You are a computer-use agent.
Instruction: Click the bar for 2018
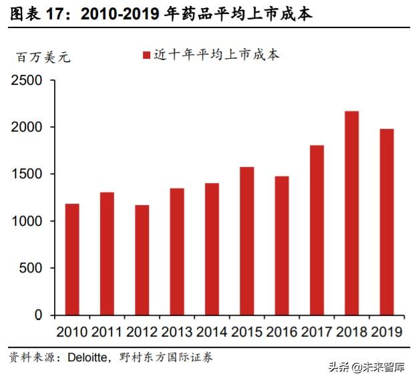[x=351, y=213]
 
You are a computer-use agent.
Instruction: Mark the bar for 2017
[x=317, y=230]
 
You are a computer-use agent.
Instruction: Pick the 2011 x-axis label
[x=107, y=332]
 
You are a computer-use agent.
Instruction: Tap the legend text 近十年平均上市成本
[x=216, y=55]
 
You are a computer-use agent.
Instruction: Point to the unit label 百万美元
[x=43, y=57]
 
